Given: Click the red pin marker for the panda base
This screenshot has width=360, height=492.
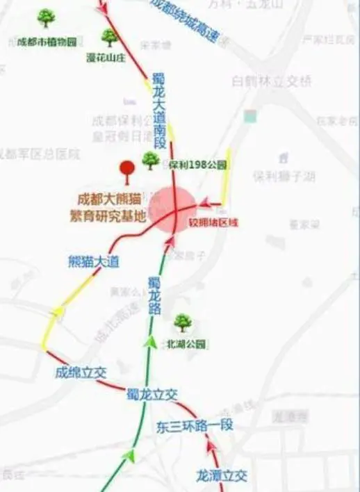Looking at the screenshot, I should point(127,170).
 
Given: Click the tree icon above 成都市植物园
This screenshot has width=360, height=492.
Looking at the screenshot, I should point(47,17).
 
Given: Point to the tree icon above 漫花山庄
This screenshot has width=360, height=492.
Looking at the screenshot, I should point(109,37).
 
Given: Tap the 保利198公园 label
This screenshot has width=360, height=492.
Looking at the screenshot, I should point(198,165).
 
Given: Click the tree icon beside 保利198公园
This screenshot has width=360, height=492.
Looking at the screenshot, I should point(150,161).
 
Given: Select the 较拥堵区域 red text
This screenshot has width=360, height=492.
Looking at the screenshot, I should point(213,223).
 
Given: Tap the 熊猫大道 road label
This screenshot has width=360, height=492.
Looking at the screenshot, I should point(94,261).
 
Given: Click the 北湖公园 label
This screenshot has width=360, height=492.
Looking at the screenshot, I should point(186,344).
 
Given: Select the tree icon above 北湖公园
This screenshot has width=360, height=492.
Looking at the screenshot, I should point(183,322).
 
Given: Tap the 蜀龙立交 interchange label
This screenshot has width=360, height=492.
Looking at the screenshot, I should point(152,395).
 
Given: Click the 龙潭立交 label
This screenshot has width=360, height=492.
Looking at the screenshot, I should point(221,476).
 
